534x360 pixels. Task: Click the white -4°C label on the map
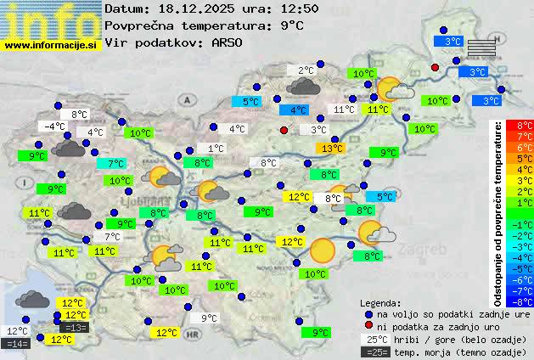pos(53,127)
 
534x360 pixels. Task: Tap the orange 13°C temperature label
pos(330,149)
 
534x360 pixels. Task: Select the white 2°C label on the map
pos(306,70)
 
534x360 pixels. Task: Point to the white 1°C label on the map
pos(216,149)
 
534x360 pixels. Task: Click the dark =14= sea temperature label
pos(17,343)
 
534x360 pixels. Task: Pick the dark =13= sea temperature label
pos(74,328)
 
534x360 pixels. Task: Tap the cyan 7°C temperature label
pos(115,164)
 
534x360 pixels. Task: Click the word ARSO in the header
pos(228,42)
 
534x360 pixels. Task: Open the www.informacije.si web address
pos(51,45)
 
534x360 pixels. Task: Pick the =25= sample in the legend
pos(379,351)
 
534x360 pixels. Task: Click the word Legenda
pos(380,302)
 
